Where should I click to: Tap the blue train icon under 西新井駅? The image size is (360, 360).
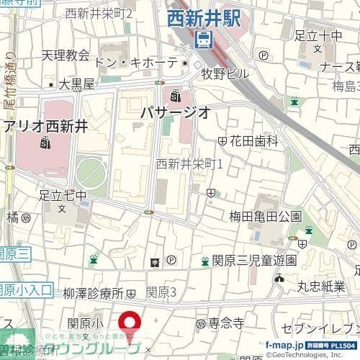click(x=204, y=39)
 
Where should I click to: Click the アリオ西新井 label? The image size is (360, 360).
click(x=46, y=126)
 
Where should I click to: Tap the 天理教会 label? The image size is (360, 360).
click(x=66, y=55)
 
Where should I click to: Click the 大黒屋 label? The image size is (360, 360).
click(x=76, y=84)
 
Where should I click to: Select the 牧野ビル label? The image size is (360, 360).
click(x=225, y=73)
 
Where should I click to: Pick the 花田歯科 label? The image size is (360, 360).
click(x=253, y=142)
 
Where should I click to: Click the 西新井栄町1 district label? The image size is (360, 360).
click(x=190, y=164)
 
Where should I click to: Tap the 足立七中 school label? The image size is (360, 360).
click(x=63, y=195)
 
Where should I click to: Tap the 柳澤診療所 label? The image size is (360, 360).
click(x=94, y=293)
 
